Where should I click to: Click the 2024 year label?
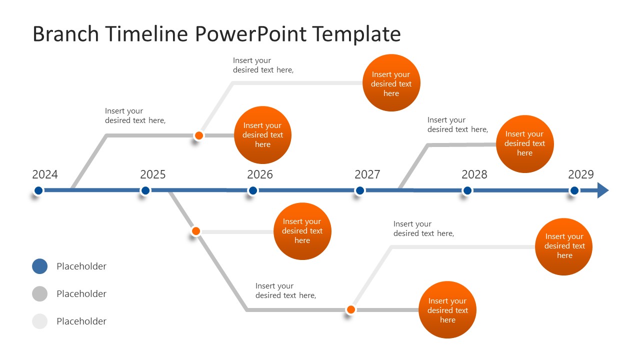click(x=45, y=174)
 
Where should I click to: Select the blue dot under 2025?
click(x=145, y=190)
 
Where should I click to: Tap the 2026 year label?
click(x=260, y=174)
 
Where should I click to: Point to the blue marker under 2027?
click(x=360, y=190)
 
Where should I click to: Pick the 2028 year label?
click(x=474, y=174)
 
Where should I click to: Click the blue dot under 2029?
click(x=574, y=190)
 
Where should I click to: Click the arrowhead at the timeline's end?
click(x=603, y=190)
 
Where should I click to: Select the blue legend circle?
click(x=40, y=266)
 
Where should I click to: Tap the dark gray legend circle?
click(x=40, y=294)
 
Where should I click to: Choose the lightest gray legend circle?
click(x=40, y=321)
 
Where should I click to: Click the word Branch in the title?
click(x=65, y=34)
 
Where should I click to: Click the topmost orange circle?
click(x=391, y=83)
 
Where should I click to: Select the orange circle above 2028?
click(x=524, y=143)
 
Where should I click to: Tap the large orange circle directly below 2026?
click(x=302, y=231)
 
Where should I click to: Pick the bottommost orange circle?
click(x=447, y=310)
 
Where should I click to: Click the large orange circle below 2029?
click(x=564, y=246)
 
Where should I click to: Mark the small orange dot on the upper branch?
click(x=199, y=135)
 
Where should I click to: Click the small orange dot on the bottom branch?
click(x=351, y=309)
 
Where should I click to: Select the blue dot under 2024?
click(x=38, y=190)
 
